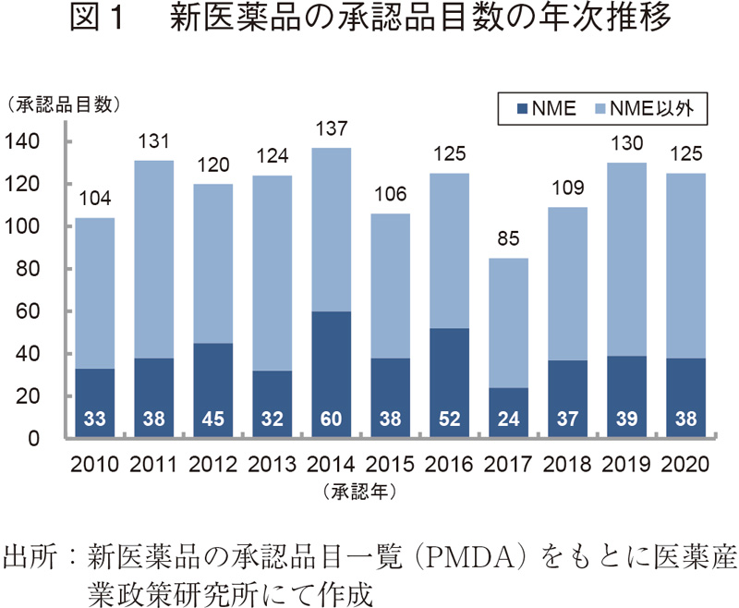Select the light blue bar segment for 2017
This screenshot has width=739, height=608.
click(x=509, y=323)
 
